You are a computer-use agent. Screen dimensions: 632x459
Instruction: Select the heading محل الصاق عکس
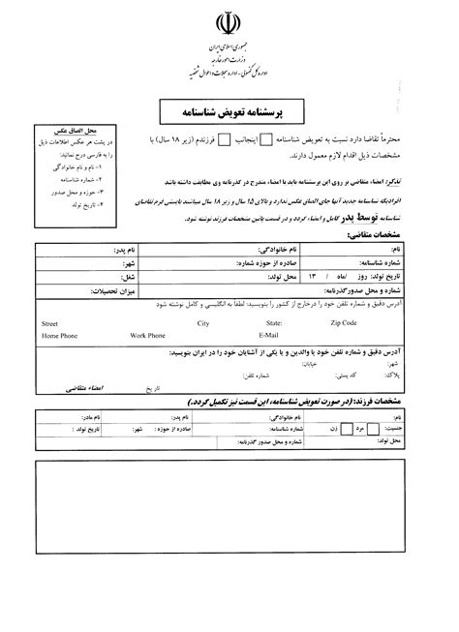(x=65, y=132)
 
